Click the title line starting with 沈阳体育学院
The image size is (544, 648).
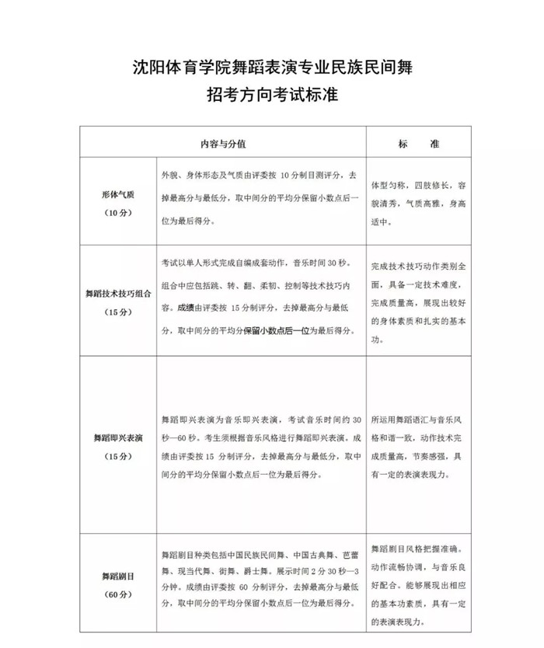point(272,68)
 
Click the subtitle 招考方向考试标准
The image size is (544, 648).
point(272,96)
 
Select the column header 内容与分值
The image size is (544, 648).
point(223,145)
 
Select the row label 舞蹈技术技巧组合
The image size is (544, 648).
point(117,294)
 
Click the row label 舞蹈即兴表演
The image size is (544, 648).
point(117,437)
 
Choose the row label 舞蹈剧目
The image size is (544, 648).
point(117,577)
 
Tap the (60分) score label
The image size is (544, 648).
point(117,595)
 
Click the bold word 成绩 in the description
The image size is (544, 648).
point(187,308)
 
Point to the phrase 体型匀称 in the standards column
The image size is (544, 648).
point(393,186)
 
